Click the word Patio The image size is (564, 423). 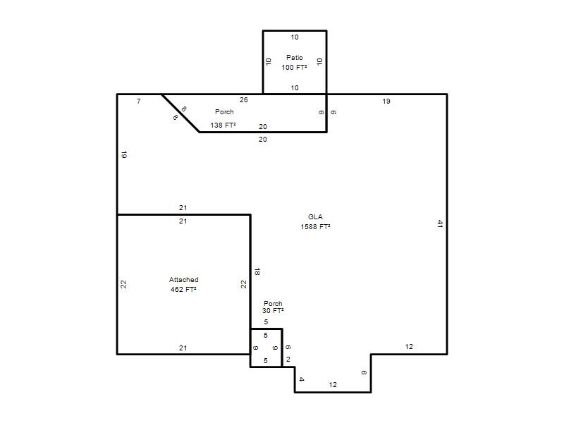[x=295, y=57]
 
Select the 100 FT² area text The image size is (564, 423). [x=294, y=67]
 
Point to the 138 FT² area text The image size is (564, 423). [x=223, y=125]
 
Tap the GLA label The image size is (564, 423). [x=315, y=217]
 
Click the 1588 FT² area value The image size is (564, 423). [x=315, y=226]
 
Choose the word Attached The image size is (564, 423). [x=184, y=279]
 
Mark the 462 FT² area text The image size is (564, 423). [x=183, y=289]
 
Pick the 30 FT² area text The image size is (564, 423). [x=273, y=310]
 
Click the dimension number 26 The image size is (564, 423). [x=243, y=100]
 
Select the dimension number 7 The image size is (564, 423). [x=139, y=102]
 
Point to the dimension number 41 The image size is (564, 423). [x=440, y=223]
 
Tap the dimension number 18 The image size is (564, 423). [x=257, y=272]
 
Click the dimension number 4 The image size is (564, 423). [x=302, y=379]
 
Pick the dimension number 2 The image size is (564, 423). [x=288, y=360]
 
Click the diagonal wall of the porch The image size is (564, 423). [x=180, y=114]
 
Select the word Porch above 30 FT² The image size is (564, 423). [x=273, y=303]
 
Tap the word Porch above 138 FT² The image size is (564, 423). [x=224, y=112]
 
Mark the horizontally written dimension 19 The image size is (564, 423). [x=386, y=102]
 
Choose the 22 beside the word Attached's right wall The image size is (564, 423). [x=244, y=284]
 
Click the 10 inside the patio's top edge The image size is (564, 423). [x=295, y=37]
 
